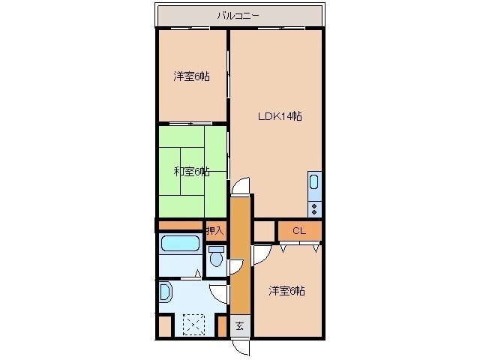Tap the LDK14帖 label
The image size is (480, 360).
[280, 116]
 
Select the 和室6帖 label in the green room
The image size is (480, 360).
[191, 172]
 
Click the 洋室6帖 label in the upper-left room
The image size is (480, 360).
[191, 76]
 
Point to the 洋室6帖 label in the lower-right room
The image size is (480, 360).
[286, 290]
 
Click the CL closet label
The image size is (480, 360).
[299, 231]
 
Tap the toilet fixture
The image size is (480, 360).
[217, 259]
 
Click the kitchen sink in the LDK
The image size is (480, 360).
[314, 182]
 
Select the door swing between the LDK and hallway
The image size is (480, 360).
[241, 187]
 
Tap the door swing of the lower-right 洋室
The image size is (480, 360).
[260, 254]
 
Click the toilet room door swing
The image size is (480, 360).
[235, 264]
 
